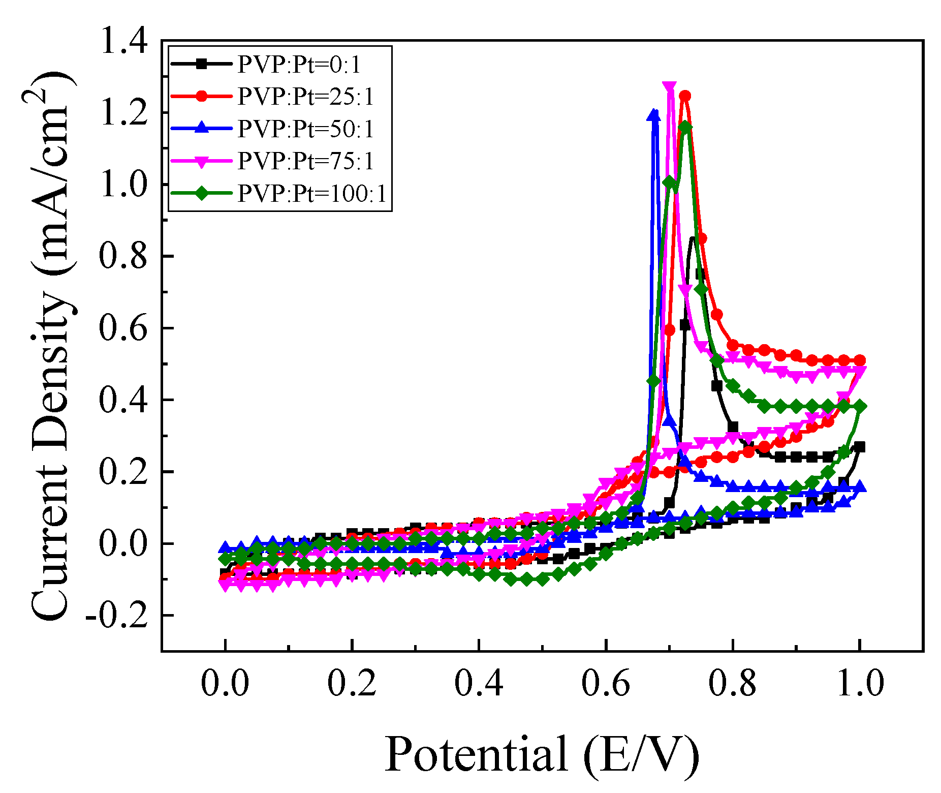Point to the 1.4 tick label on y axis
pos(123,41)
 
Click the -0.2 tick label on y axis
pos(116,616)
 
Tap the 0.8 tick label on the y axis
pos(123,256)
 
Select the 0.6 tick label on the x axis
pos(606,683)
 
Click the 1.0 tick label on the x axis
pos(859,683)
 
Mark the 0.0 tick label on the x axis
pos(225,683)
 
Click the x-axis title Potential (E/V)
pos(542,754)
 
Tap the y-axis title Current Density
pos(51,346)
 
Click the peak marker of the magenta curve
pos(670,86)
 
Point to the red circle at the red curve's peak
pos(685,96)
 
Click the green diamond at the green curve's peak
pos(685,127)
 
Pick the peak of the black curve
pos(693,238)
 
